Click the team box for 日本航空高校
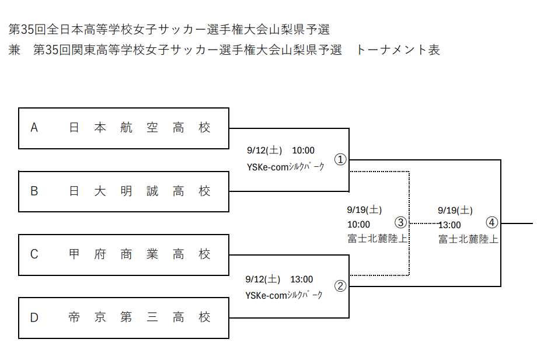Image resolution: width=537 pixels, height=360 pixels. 124,128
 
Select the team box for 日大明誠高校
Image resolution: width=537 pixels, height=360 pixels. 124,191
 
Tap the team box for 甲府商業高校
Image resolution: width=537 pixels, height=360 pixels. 124,255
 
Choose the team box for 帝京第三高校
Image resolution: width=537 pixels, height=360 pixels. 124,318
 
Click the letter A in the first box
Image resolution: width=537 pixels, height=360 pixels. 34,128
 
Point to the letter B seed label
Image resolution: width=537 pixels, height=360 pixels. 34,191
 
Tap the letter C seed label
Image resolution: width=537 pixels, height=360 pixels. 34,254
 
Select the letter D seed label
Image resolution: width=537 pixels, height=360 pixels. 34,317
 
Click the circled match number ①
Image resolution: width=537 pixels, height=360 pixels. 340,159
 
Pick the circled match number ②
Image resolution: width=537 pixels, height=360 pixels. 340,286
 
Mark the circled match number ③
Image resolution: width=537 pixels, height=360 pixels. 400,222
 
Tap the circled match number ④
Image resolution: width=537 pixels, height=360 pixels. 492,222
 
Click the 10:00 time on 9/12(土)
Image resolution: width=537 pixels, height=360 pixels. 303,151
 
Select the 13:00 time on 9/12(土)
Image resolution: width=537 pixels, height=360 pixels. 301,279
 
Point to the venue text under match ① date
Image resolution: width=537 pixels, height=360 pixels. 285,167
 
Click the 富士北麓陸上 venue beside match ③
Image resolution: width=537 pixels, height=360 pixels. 378,239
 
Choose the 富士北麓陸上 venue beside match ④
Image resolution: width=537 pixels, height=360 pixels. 468,239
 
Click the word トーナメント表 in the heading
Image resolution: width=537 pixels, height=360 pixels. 397,50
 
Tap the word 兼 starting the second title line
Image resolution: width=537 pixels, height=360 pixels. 15,50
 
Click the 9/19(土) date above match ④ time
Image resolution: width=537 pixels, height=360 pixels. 455,211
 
